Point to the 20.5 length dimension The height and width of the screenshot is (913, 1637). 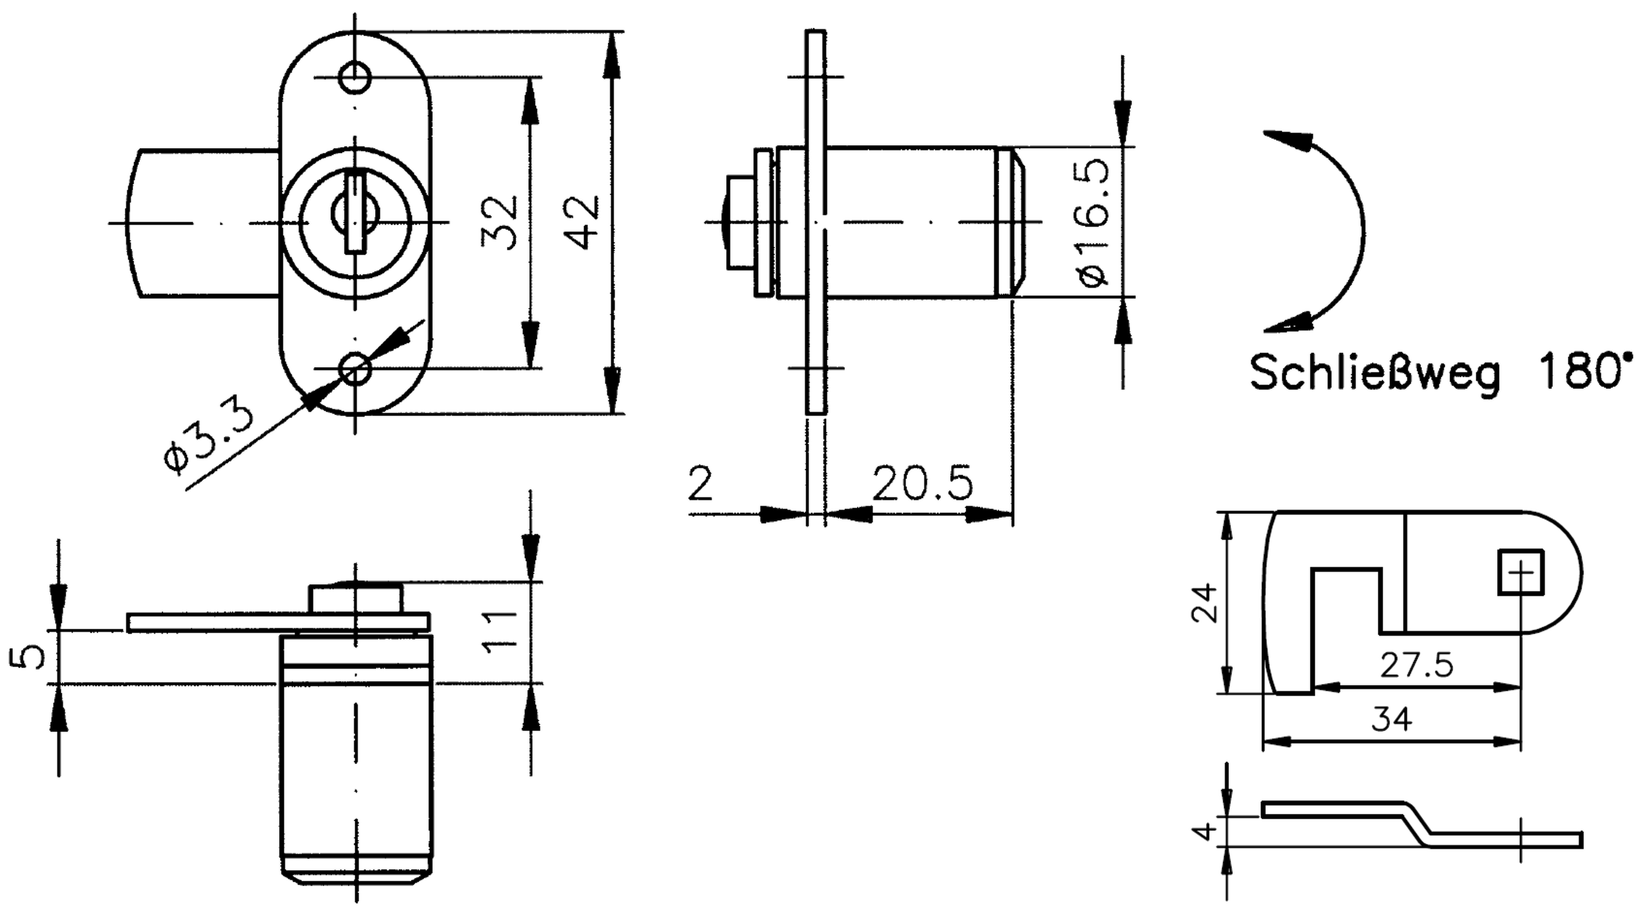(x=922, y=484)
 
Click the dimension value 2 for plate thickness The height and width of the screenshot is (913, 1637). (x=700, y=484)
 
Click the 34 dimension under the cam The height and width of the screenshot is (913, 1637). (x=1391, y=719)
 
